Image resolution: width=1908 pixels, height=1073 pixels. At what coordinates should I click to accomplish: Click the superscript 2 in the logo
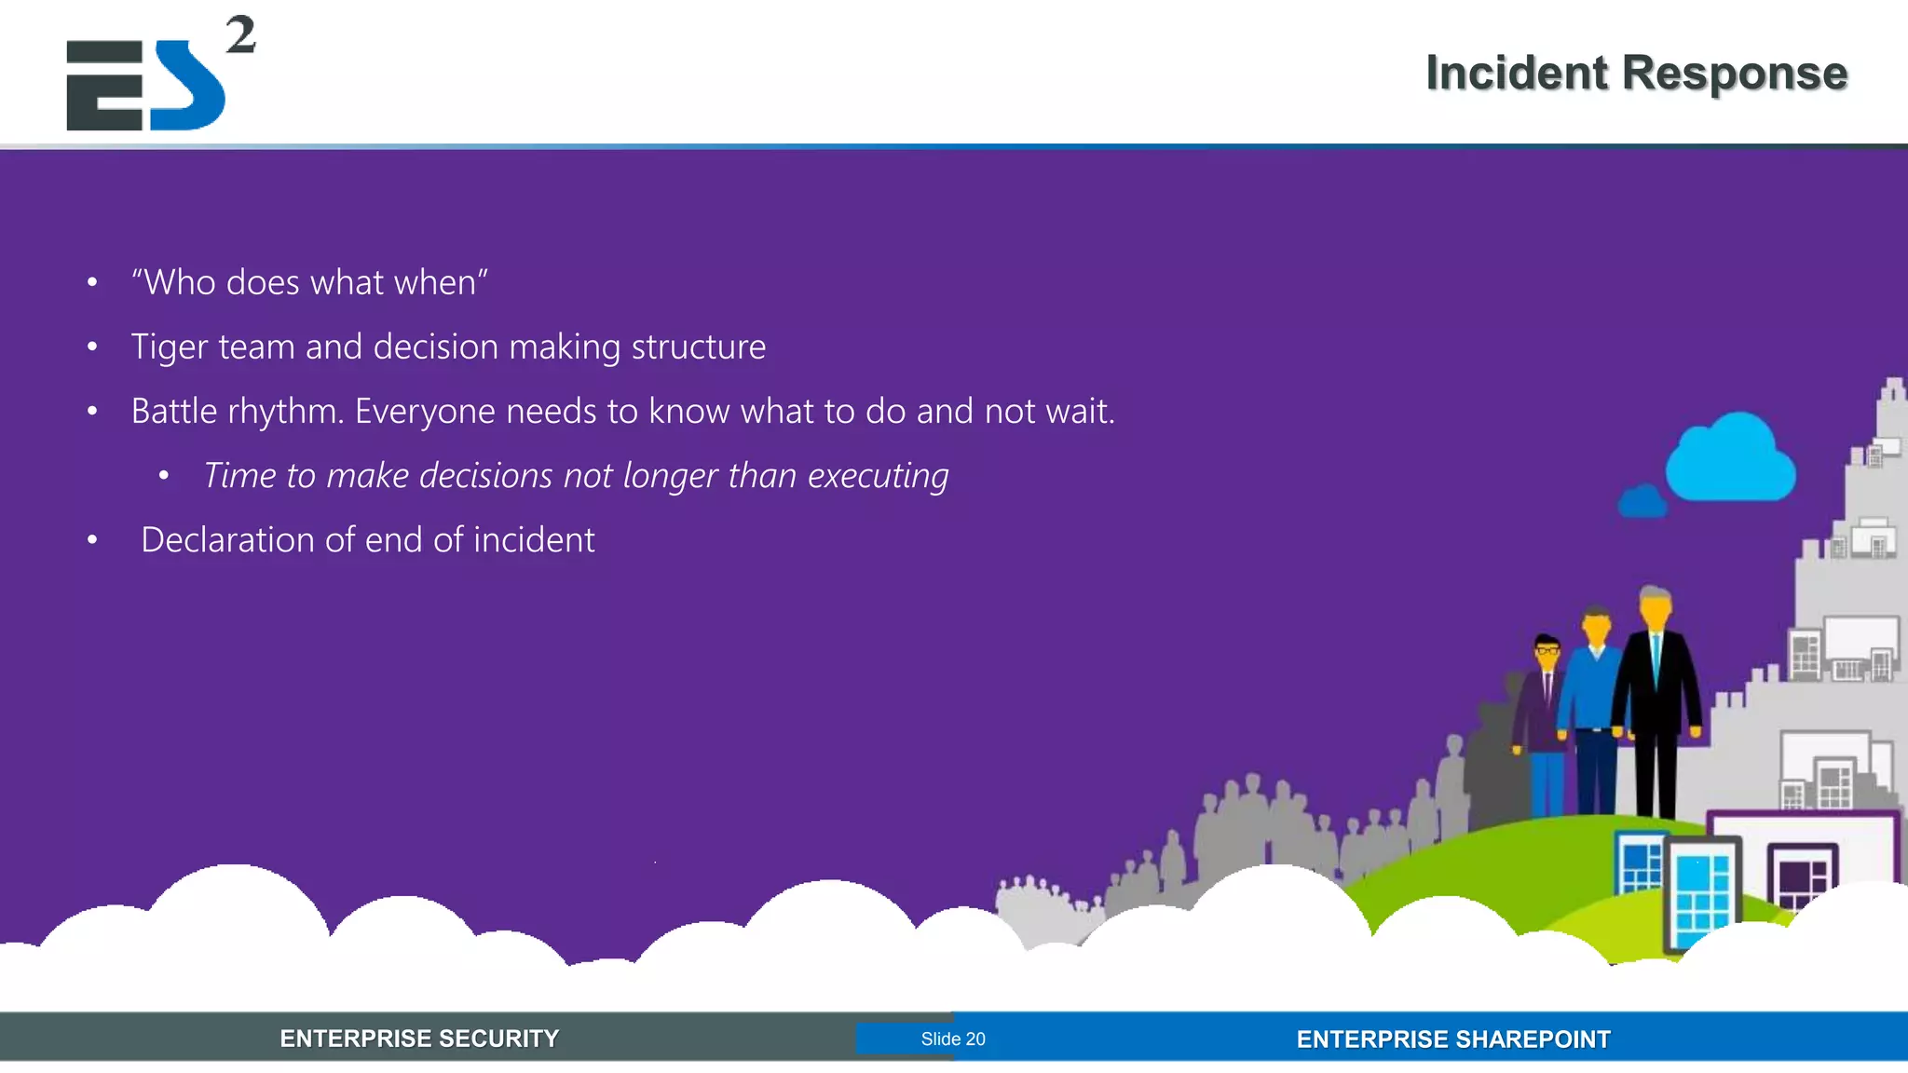pyautogui.click(x=240, y=35)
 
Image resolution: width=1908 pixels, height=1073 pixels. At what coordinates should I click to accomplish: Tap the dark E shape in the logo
pyautogui.click(x=104, y=86)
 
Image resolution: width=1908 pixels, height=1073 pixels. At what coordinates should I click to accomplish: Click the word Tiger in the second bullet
pyautogui.click(x=169, y=347)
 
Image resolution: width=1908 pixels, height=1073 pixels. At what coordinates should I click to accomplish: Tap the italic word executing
pyautogui.click(x=878, y=476)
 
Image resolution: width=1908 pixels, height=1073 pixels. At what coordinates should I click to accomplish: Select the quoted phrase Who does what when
pyautogui.click(x=309, y=282)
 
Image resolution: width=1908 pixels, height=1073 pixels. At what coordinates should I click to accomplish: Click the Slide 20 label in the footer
pyautogui.click(x=952, y=1039)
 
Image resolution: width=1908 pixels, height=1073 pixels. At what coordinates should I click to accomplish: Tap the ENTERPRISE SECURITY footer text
pyautogui.click(x=419, y=1039)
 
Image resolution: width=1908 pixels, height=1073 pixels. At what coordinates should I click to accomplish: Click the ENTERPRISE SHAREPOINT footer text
pyautogui.click(x=1452, y=1039)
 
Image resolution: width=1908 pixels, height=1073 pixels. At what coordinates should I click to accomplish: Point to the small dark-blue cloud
pyautogui.click(x=1642, y=502)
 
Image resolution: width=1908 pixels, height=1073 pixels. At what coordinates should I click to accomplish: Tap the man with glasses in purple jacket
pyautogui.click(x=1544, y=717)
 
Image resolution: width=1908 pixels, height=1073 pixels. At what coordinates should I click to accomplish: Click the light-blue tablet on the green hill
pyautogui.click(x=1702, y=894)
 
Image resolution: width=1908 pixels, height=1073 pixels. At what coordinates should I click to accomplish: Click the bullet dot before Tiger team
pyautogui.click(x=92, y=347)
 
